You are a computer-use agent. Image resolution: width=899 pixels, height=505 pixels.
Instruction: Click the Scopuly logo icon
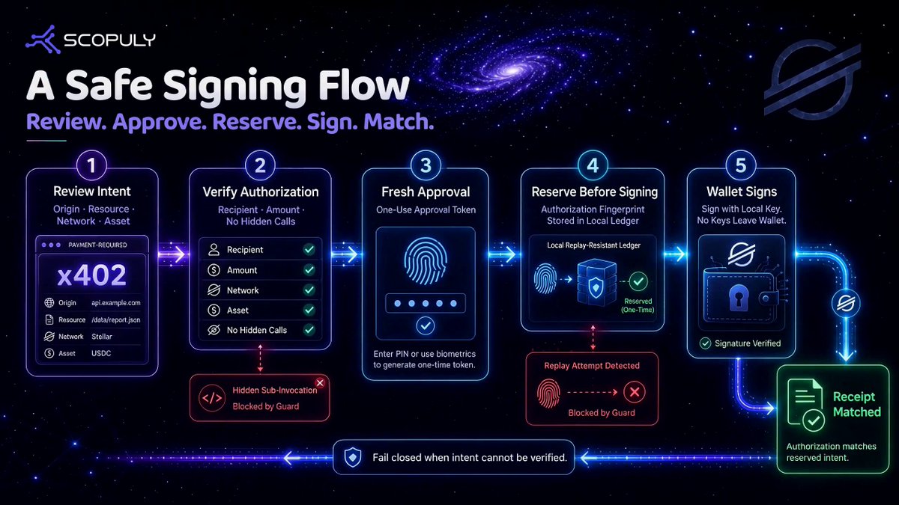(x=43, y=39)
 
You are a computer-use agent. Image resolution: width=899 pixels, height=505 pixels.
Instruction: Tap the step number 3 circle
(x=426, y=165)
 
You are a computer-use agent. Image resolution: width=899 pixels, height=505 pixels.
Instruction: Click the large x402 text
(x=92, y=275)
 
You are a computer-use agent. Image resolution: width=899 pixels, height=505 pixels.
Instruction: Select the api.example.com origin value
(x=116, y=303)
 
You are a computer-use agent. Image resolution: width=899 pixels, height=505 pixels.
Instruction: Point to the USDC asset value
(x=101, y=353)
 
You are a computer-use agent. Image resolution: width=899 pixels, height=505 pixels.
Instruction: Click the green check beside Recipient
(x=309, y=250)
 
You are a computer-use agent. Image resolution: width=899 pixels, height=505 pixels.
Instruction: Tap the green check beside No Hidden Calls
(x=309, y=330)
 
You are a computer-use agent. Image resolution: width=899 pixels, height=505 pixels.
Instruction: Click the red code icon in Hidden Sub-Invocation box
(x=212, y=398)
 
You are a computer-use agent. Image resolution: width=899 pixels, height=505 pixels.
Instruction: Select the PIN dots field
(x=426, y=304)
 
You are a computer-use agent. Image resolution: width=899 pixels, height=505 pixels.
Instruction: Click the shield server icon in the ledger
(x=596, y=282)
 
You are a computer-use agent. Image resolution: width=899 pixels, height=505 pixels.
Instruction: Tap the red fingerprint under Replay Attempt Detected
(x=548, y=394)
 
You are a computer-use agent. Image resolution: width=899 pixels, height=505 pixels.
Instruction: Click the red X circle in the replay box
(x=634, y=391)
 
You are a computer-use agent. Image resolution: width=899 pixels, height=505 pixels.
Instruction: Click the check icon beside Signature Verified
(x=705, y=343)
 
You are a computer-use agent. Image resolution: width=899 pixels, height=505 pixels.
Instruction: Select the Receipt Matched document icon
(x=805, y=405)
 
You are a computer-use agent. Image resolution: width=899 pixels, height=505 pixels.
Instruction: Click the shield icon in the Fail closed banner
(x=353, y=457)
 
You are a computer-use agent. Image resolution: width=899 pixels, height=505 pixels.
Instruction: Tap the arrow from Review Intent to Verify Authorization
(x=173, y=254)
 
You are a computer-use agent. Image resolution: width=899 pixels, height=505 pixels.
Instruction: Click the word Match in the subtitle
(x=397, y=122)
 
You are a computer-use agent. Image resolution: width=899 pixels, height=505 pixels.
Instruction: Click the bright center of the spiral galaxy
(x=512, y=72)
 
